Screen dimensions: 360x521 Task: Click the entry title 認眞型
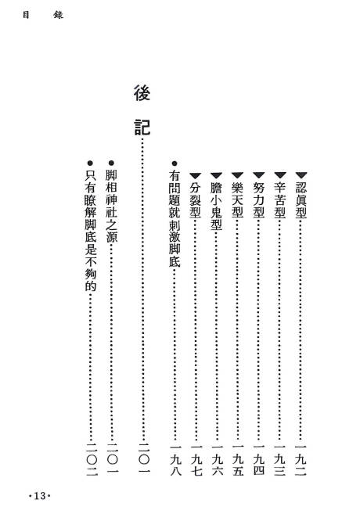[x=301, y=200]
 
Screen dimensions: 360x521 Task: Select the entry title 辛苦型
[x=280, y=200]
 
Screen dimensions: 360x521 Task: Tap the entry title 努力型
[x=258, y=200]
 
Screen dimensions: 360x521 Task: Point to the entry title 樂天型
[x=237, y=200]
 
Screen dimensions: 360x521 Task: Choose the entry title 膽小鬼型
[x=217, y=207]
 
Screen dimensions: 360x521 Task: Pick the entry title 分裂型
[x=195, y=200]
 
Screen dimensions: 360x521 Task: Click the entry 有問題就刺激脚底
[x=175, y=219]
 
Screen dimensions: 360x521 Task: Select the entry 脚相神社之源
[x=111, y=207]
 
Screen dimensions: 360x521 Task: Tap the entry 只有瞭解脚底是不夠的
[x=90, y=231]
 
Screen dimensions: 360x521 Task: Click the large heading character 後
[x=142, y=94]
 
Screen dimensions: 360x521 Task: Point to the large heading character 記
[x=142, y=128]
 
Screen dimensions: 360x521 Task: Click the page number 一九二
[x=301, y=459]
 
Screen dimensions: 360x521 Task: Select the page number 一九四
[x=258, y=459]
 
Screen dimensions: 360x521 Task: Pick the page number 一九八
[x=175, y=459]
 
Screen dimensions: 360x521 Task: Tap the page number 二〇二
[x=92, y=459]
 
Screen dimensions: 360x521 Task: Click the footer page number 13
[x=40, y=496]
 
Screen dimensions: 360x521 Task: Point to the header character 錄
[x=58, y=16]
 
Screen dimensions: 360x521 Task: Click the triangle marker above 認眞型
[x=301, y=175]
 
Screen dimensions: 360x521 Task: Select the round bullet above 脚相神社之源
[x=111, y=163]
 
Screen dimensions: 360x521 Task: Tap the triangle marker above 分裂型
[x=195, y=175]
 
